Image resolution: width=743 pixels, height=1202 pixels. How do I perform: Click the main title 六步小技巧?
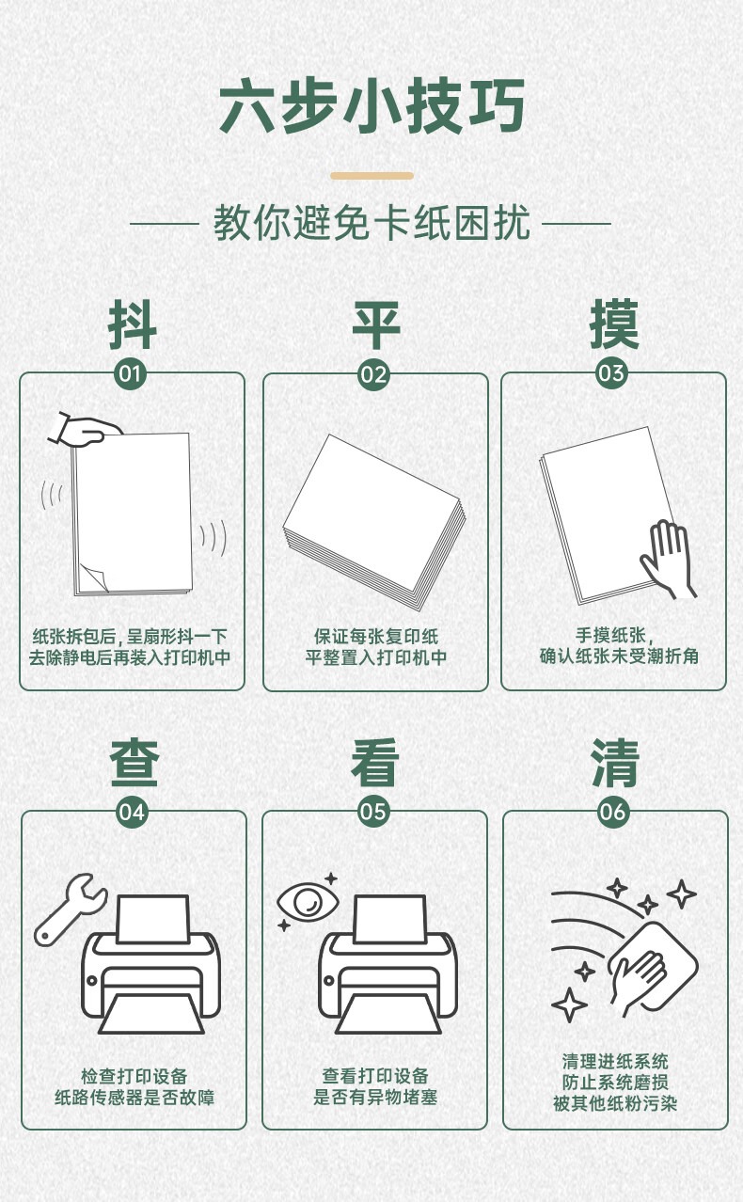pos(371,105)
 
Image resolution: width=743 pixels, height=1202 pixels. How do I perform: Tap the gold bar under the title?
pos(371,176)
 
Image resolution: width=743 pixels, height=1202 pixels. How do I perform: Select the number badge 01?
pos(131,373)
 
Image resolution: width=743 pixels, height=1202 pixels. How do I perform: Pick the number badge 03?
pos(611,373)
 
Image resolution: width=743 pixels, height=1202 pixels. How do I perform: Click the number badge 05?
pos(373,811)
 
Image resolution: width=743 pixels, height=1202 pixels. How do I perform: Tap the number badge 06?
pos(613,811)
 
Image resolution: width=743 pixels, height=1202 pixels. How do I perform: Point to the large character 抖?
pos(132,324)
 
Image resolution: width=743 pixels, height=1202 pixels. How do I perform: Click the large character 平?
pos(376,324)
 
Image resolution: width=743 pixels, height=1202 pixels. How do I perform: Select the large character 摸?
pos(614,324)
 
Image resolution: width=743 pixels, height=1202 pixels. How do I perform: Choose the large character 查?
pos(134,763)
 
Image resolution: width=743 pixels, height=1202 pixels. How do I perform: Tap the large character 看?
pos(375,763)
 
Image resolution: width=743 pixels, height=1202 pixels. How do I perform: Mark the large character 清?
pos(615,763)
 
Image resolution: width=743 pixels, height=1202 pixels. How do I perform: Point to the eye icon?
pos(308,902)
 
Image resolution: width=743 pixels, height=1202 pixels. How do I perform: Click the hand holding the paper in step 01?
pos(86,431)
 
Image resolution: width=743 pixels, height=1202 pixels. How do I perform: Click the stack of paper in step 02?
pos(374,521)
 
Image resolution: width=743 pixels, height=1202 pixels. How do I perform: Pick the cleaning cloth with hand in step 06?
pos(653,969)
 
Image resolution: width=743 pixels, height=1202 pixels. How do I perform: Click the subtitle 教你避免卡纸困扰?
pos(371,223)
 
